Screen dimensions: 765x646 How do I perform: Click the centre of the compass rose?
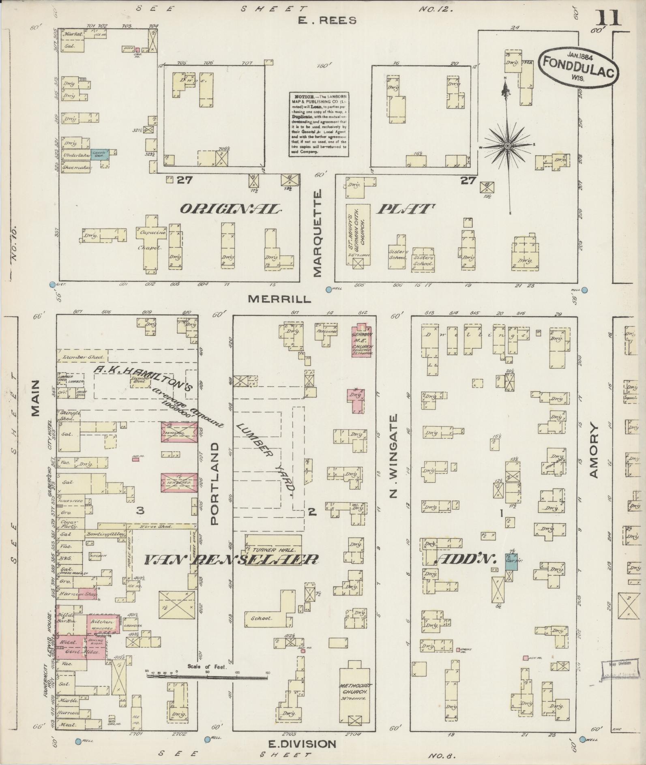pyautogui.click(x=507, y=145)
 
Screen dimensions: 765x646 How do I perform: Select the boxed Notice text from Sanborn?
pyautogui.click(x=318, y=124)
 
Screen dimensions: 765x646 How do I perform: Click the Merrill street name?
pyautogui.click(x=279, y=299)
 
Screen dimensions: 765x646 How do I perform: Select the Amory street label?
pyautogui.click(x=594, y=450)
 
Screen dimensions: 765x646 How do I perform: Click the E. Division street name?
pyautogui.click(x=302, y=744)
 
